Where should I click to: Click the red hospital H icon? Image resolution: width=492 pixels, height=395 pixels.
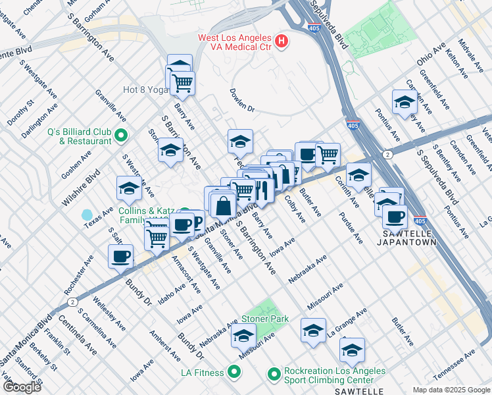pos(282,42)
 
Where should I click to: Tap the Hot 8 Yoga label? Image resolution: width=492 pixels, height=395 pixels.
pos(147,90)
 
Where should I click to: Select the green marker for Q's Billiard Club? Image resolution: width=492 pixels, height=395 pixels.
pos(120,136)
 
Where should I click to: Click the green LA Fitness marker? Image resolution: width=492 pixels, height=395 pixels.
pos(235,373)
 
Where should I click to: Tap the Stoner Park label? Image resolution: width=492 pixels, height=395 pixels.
pos(266,319)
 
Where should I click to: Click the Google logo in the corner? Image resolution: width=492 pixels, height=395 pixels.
pos(21,387)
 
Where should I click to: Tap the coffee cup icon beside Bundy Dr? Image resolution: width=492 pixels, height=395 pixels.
pos(121,257)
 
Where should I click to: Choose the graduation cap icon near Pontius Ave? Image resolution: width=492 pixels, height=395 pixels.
pos(405,102)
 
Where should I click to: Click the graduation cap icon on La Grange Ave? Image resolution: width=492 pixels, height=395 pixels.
pos(353,350)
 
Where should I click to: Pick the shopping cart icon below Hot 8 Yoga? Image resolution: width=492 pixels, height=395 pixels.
pos(183,82)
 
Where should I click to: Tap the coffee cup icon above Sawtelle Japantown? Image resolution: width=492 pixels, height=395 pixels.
pos(395,217)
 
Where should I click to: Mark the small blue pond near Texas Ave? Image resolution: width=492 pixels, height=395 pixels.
pos(87,215)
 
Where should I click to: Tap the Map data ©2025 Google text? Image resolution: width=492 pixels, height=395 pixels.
pos(451,390)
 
